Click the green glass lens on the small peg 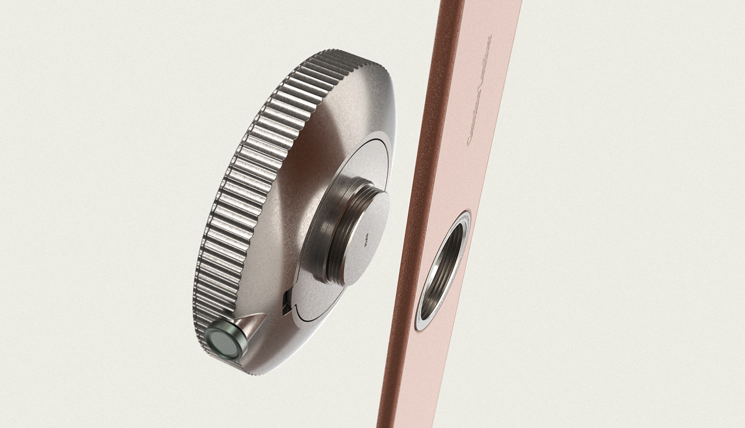(x=222, y=342)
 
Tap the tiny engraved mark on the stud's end (x=366, y=242)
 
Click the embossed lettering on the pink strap (x=478, y=90)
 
